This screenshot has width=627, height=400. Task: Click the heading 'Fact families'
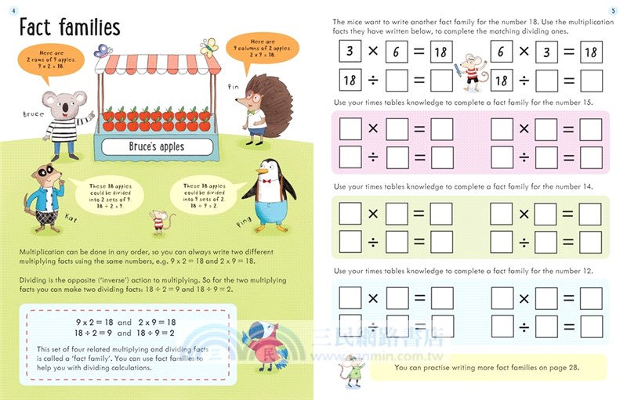(x=69, y=28)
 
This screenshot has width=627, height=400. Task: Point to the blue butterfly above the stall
(x=101, y=50)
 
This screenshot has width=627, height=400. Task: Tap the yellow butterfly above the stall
(x=208, y=48)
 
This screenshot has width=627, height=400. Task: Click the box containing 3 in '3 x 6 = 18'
(x=349, y=52)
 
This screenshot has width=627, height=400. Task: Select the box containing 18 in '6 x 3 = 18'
(x=590, y=52)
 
